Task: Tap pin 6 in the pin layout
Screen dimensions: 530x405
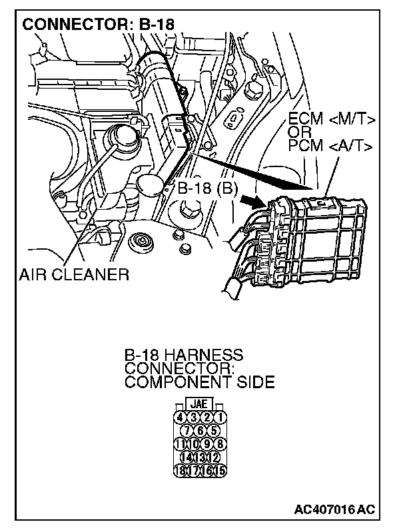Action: [x=201, y=431]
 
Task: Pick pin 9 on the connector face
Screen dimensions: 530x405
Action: [x=208, y=444]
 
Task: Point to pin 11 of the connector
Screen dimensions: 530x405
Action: [x=180, y=444]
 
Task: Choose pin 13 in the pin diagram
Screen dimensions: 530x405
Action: [x=201, y=457]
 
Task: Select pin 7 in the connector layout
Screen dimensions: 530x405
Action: [x=187, y=431]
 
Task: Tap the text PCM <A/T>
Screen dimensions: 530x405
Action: [x=330, y=146]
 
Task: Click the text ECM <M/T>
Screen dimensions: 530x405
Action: [x=331, y=120]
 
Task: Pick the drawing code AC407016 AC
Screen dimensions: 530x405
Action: [x=334, y=509]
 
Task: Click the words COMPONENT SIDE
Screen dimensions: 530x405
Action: [x=199, y=382]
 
